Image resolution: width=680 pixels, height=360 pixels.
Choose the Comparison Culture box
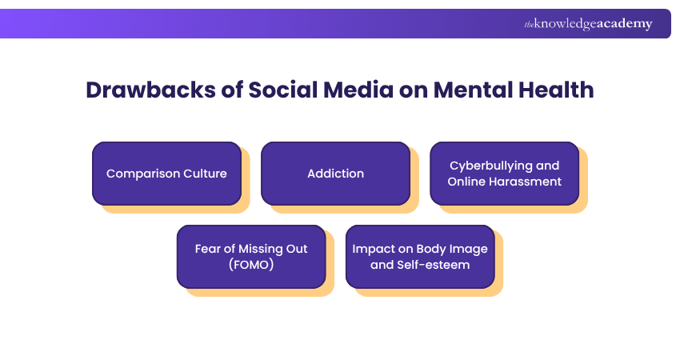coord(166,173)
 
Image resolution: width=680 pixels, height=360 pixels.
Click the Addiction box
coord(335,173)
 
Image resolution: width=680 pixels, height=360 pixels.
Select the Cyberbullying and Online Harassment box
coord(504,173)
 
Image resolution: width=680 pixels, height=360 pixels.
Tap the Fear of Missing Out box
coord(251,256)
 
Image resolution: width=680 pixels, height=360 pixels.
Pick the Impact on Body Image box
coord(420,256)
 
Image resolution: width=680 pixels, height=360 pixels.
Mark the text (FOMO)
coord(251,264)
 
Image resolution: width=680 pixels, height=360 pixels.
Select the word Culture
coord(206,174)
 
